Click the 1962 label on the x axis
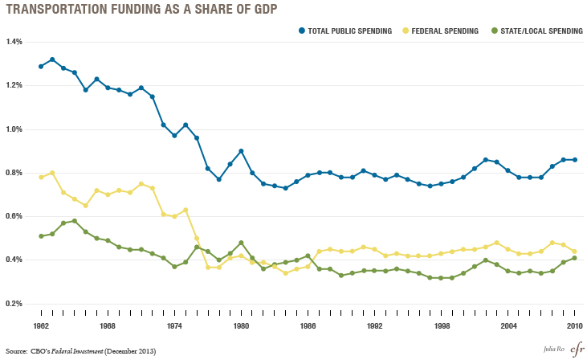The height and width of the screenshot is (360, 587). coord(41,327)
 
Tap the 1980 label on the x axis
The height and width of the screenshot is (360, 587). coord(241,327)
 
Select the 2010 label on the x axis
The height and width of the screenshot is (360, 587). coord(574,327)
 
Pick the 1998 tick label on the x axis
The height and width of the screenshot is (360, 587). coord(441,327)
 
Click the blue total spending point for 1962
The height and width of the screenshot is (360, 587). coord(41,66)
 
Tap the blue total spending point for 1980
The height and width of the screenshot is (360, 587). coord(241,151)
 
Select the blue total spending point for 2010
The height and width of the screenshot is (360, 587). coord(574,160)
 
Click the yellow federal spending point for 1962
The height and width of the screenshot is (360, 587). coord(41,177)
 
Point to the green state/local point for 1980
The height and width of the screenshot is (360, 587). coord(241,243)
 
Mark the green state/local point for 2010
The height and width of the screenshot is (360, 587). coord(574,258)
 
